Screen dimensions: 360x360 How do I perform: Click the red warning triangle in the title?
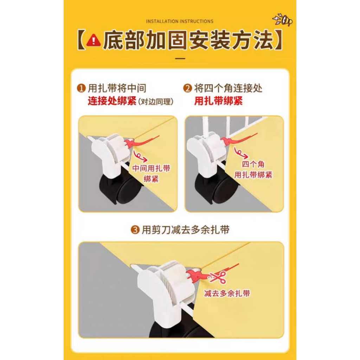(94, 40)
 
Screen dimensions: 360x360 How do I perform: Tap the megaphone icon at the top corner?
(283, 20)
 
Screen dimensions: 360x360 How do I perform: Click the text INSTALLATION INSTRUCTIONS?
(180, 21)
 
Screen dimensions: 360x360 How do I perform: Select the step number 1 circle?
(81, 88)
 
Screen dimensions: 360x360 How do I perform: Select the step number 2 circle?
(187, 88)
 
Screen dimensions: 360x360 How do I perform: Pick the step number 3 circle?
(135, 230)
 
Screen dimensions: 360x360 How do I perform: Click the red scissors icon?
(218, 277)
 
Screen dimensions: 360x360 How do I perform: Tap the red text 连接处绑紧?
(112, 101)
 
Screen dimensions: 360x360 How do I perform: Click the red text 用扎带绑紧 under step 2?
(218, 101)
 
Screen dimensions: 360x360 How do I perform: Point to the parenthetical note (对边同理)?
(156, 102)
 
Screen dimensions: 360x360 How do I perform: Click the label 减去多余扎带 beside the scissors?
(227, 293)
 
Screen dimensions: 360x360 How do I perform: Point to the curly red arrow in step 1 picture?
(140, 156)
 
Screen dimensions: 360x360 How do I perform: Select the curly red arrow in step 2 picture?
(240, 153)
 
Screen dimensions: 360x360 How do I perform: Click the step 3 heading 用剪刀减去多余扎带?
(186, 230)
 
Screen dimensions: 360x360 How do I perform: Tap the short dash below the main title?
(180, 59)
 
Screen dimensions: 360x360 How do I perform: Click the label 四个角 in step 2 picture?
(253, 165)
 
